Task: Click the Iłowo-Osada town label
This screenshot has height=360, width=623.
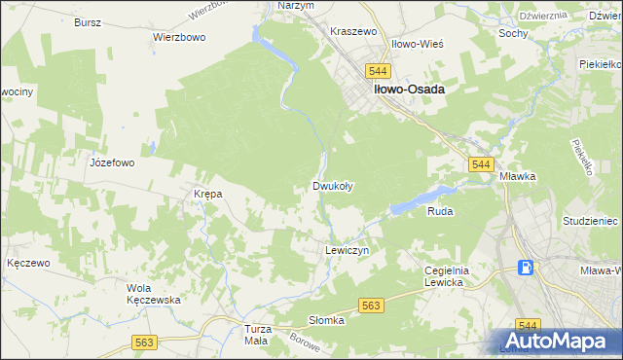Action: (x=406, y=90)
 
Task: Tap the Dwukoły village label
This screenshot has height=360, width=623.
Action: (x=331, y=185)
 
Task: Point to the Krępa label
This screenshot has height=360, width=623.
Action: (x=208, y=194)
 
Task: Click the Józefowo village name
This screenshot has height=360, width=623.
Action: (x=111, y=163)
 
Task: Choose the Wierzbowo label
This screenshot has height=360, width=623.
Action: (x=176, y=37)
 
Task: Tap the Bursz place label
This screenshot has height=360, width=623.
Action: (x=88, y=20)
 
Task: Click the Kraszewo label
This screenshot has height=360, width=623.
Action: (x=353, y=31)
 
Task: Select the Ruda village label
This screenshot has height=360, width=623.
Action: (x=440, y=210)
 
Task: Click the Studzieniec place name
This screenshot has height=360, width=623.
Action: (x=590, y=222)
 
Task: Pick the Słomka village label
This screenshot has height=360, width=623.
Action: (x=327, y=320)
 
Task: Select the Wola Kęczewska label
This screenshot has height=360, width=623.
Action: (x=155, y=294)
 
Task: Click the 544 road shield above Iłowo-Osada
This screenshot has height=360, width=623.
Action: (x=379, y=71)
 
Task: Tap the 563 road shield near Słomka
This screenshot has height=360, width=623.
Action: (x=370, y=306)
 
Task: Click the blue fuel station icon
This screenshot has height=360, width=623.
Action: (x=526, y=268)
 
